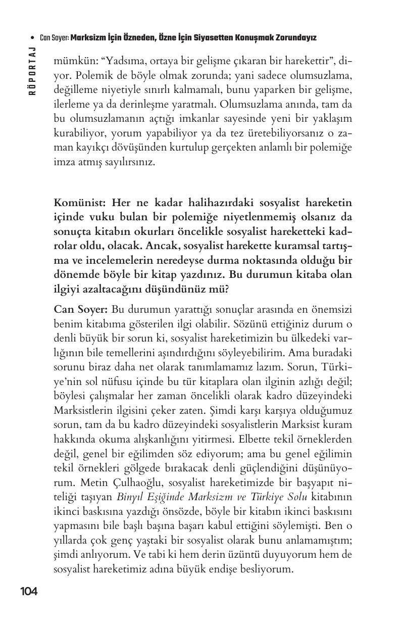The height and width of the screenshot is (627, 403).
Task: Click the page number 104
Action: [x=29, y=591]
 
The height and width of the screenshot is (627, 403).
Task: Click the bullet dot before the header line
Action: [x=33, y=38]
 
